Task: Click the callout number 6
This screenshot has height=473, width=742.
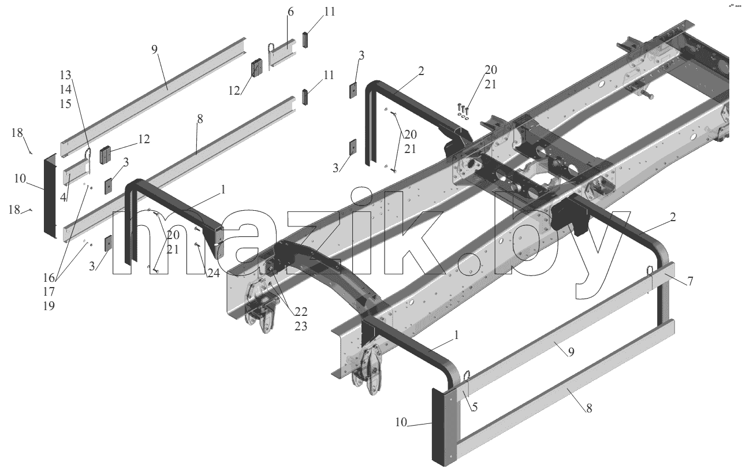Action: pos(290,12)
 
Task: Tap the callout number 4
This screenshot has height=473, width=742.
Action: pos(64,198)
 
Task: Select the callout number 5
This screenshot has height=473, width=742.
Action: pos(475,407)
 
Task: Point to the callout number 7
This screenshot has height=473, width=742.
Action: pos(690,281)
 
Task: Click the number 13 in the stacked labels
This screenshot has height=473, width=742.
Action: pos(66,76)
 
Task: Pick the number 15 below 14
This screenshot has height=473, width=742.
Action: pos(66,104)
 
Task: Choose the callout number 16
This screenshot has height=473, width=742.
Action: pos(49,278)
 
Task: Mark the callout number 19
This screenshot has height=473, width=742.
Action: pos(49,306)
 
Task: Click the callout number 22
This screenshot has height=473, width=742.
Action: pos(301,312)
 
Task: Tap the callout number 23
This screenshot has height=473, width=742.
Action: pos(301,326)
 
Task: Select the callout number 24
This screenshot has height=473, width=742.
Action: pos(213,273)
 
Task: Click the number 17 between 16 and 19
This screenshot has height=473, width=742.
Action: pos(49,292)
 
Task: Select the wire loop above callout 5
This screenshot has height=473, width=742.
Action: pos(467,378)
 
